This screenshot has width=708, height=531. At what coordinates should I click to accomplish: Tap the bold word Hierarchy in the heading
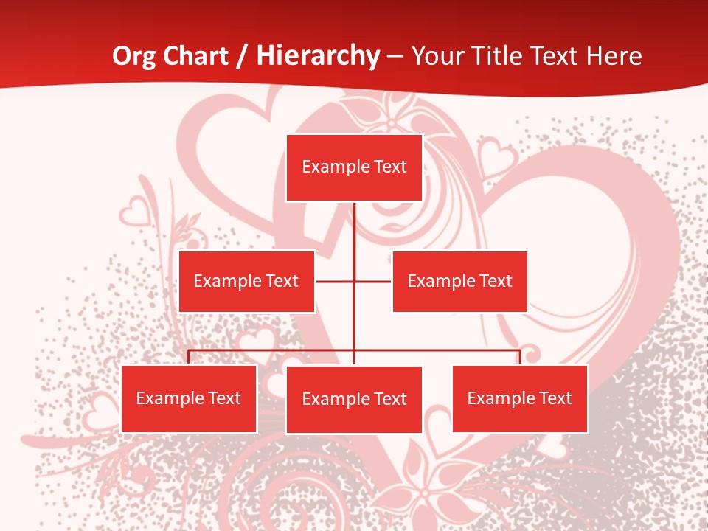[318, 56]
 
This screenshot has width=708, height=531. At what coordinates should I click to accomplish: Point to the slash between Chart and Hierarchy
[242, 56]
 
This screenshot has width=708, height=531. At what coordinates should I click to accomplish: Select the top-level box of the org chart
[354, 167]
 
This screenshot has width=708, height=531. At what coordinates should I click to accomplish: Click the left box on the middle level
[246, 281]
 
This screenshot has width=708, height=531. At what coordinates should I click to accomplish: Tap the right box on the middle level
[459, 281]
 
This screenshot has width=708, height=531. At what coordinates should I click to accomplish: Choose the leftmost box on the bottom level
[189, 399]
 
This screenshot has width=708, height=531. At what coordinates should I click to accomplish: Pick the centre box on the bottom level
[354, 400]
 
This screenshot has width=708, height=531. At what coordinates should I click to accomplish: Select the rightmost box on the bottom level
[520, 399]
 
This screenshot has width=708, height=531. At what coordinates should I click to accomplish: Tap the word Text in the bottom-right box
[555, 399]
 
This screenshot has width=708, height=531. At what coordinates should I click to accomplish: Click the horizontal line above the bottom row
[273, 350]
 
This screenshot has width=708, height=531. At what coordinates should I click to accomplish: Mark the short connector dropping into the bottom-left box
[189, 357]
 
